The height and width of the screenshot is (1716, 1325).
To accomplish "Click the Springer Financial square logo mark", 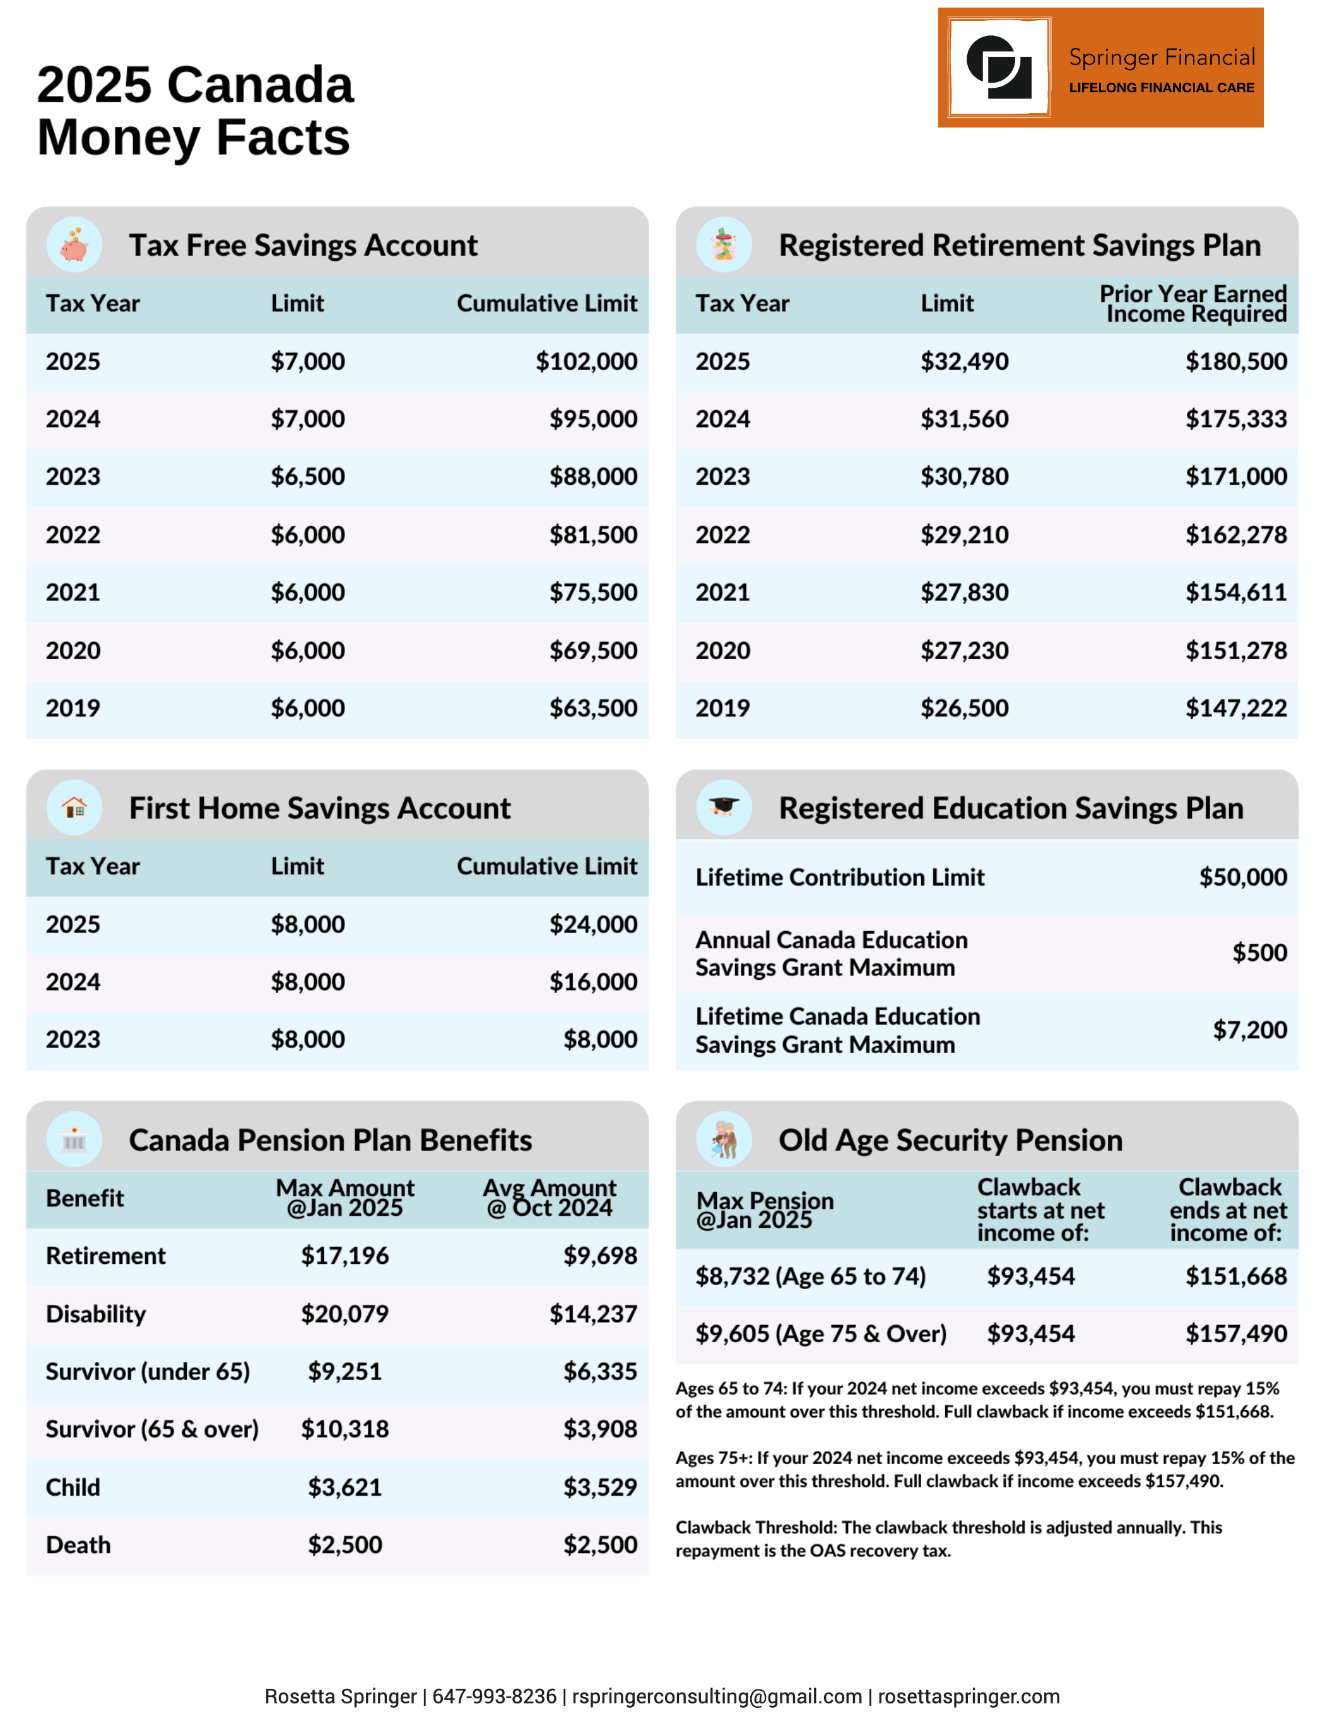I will [999, 68].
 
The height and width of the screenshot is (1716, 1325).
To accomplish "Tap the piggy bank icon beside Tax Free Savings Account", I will [74, 245].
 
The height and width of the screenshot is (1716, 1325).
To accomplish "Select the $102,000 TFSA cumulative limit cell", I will [586, 361].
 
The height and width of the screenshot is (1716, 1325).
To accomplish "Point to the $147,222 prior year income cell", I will [1235, 708].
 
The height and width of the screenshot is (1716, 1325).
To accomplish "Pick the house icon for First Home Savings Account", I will [74, 807].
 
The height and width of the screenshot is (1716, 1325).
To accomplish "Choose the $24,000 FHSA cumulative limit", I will [593, 924].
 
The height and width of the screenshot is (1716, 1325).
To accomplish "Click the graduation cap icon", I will [723, 807].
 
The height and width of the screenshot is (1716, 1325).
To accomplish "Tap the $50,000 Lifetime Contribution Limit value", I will [1242, 877].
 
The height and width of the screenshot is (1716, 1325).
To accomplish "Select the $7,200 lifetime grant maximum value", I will [1249, 1029].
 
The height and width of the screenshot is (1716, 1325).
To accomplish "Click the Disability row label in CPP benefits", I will [96, 1314].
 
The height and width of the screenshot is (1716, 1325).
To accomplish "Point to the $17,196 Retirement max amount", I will [344, 1256].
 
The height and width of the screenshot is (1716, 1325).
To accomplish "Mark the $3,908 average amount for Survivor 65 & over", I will [600, 1429].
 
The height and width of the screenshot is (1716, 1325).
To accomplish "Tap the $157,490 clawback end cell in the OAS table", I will [1235, 1333].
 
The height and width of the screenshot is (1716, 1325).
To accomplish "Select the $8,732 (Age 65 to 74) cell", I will [811, 1276].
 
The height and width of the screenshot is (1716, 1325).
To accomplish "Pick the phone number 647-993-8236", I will [494, 1696].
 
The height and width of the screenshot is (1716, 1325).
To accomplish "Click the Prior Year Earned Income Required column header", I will [1192, 303].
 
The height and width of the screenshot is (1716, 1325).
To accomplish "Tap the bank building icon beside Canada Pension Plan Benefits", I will [74, 1140].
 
